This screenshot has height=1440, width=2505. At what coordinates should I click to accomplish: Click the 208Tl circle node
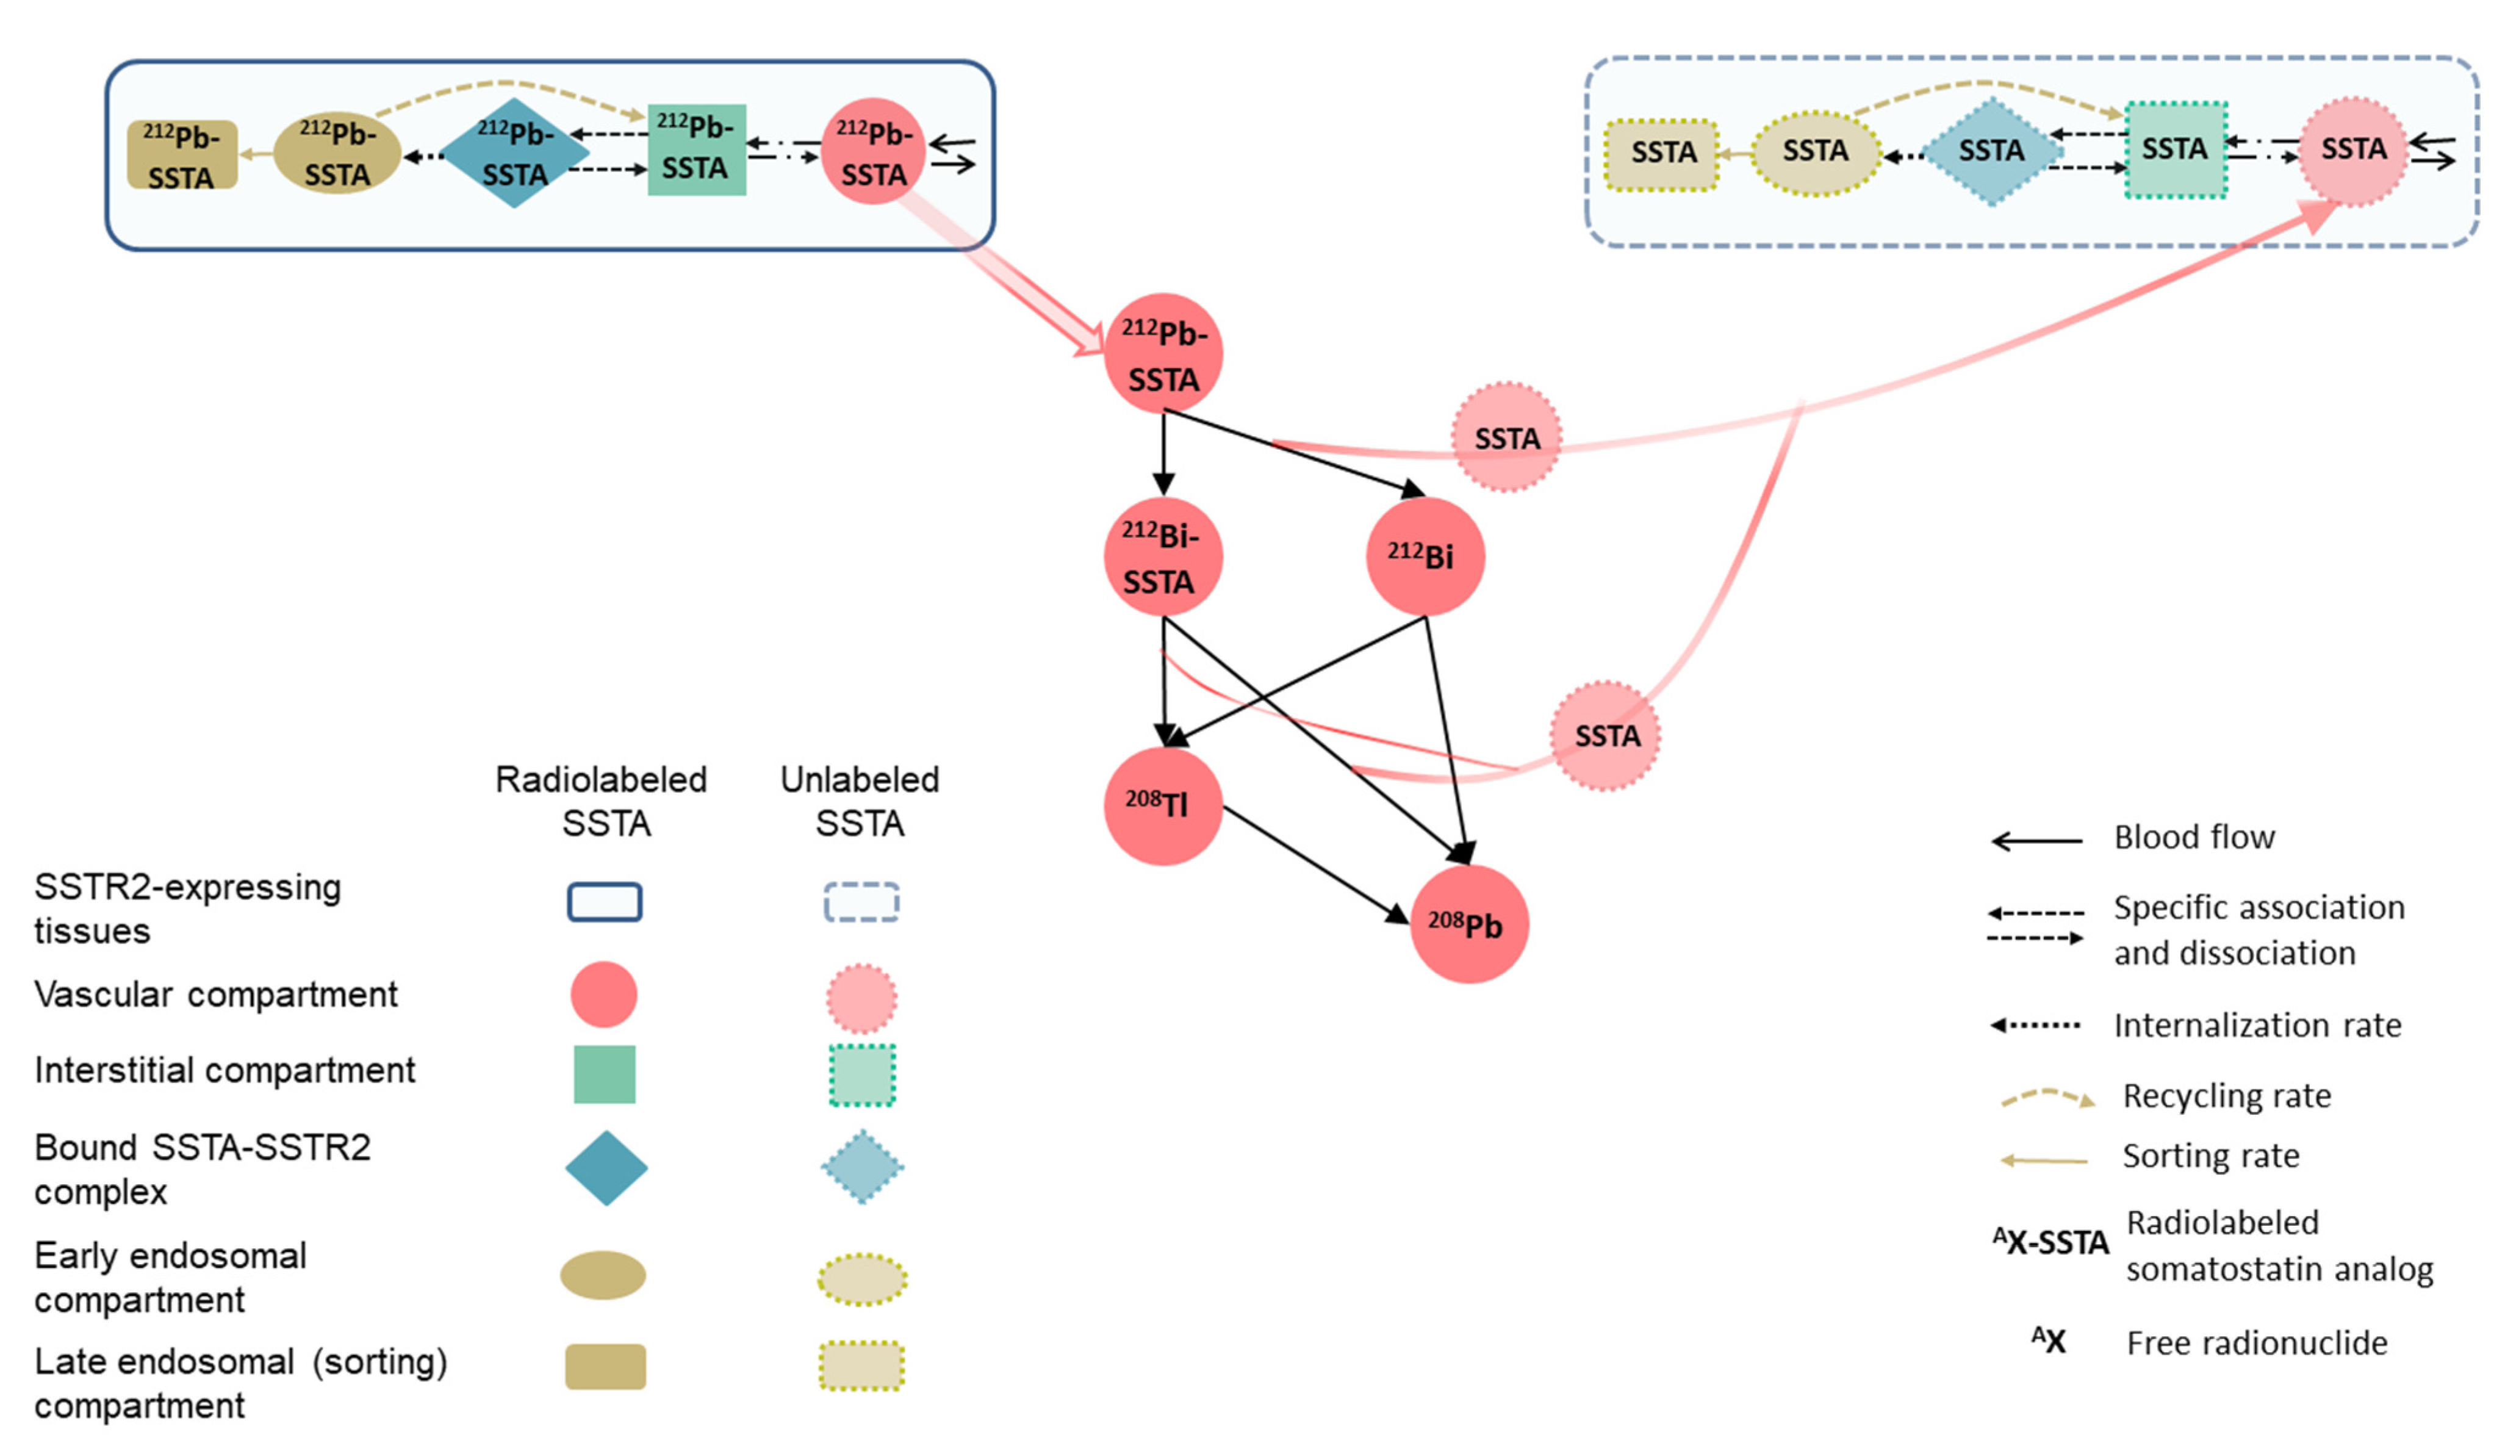1163,806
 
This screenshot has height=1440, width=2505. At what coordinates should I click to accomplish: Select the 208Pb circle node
1469,924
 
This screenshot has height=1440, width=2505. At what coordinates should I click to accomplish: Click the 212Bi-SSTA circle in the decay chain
1163,557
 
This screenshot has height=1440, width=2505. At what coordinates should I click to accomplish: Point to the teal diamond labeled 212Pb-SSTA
514,153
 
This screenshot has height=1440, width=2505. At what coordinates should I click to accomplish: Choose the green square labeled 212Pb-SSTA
697,149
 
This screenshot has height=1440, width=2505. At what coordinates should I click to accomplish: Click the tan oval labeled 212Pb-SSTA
337,153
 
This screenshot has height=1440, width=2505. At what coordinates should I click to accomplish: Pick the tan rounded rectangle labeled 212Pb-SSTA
182,154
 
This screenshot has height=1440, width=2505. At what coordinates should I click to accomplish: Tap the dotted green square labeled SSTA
2176,150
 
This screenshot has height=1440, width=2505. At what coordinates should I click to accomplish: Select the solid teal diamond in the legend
606,1168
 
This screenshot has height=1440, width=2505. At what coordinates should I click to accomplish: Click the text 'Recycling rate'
2226,1096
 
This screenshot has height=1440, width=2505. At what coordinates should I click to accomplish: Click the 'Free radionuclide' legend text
2257,1343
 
